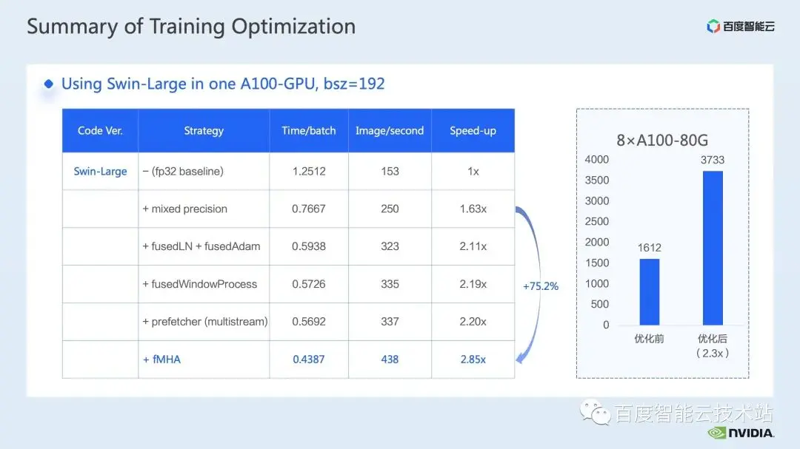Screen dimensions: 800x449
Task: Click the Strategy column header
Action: tap(204, 130)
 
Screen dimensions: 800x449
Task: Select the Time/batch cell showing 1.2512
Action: tap(309, 172)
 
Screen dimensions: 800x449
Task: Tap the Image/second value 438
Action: tap(390, 359)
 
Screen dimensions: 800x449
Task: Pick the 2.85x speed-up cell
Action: tap(473, 359)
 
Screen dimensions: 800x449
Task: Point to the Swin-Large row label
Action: tap(100, 172)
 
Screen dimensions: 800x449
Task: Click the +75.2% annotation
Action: tap(541, 286)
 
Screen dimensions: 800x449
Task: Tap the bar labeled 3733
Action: tap(713, 248)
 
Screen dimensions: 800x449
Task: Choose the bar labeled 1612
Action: tap(650, 291)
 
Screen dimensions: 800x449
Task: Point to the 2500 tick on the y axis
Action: tap(597, 221)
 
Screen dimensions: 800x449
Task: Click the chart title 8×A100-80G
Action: tap(662, 140)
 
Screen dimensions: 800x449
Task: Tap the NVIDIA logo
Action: tap(741, 433)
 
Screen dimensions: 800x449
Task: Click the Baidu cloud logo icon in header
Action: tap(713, 26)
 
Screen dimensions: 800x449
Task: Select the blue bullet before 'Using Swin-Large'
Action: tap(48, 84)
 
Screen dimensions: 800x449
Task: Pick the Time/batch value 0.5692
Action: tap(309, 322)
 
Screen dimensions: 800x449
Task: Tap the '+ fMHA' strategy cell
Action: tap(161, 359)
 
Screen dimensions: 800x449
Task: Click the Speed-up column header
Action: tap(473, 130)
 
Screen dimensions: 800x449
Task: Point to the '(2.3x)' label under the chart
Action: tap(713, 353)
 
